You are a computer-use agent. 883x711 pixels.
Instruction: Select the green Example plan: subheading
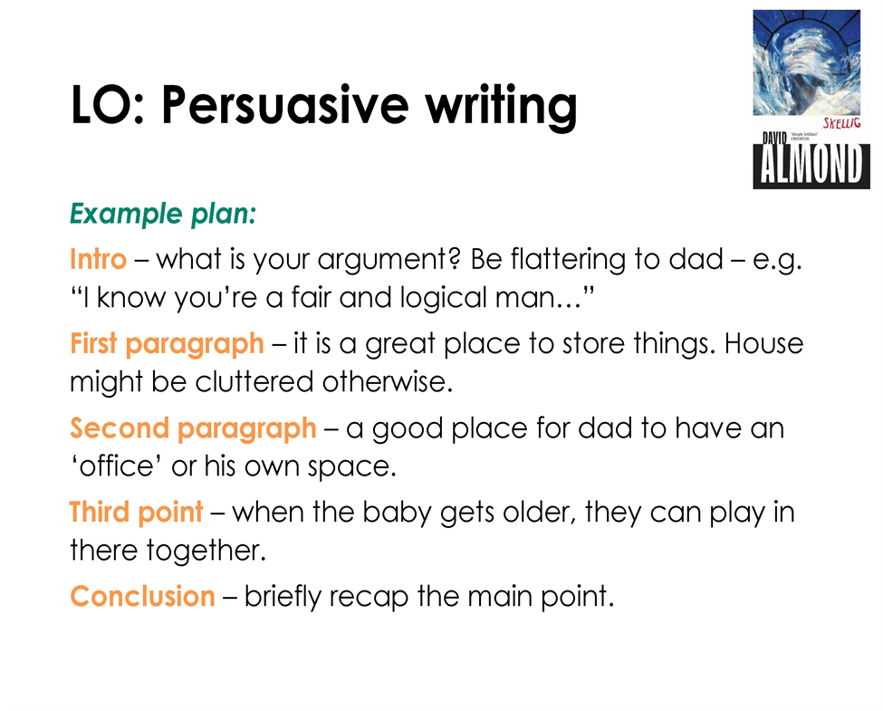[163, 214]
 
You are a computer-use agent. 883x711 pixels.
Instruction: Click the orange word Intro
[98, 259]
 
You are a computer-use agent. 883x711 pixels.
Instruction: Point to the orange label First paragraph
[167, 344]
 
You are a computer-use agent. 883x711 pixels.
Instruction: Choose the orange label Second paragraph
[193, 428]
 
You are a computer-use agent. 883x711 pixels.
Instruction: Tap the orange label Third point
[136, 513]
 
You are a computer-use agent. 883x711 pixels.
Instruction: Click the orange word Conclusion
[142, 596]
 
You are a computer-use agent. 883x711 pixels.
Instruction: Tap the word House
[763, 343]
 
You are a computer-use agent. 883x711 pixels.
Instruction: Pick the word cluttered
[254, 382]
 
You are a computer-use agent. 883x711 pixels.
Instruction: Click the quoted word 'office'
[117, 466]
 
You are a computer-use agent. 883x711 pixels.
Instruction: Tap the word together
[206, 552]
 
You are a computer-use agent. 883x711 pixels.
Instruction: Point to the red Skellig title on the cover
[842, 123]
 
